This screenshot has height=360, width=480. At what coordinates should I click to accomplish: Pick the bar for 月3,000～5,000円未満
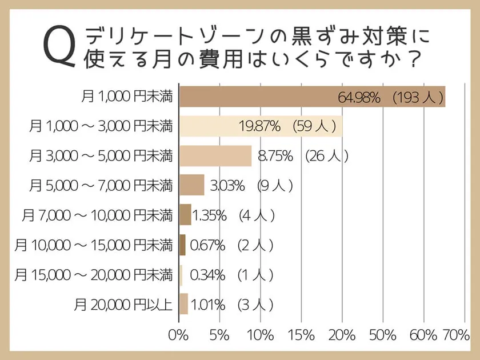tap(215, 155)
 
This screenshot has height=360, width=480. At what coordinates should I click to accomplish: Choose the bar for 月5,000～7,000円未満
tap(191, 185)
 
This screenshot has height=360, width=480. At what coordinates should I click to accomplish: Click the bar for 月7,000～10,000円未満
tap(185, 215)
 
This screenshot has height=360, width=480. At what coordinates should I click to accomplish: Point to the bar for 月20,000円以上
tap(183, 303)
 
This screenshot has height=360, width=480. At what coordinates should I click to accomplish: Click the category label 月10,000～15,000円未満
tap(94, 245)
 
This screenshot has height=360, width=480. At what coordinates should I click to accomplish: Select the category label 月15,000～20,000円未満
tap(94, 275)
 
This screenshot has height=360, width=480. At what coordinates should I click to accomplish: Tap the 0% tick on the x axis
tap(179, 334)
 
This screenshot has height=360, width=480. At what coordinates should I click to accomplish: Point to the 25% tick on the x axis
tap(382, 334)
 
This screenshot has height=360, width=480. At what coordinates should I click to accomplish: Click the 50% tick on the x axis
tap(382, 334)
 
